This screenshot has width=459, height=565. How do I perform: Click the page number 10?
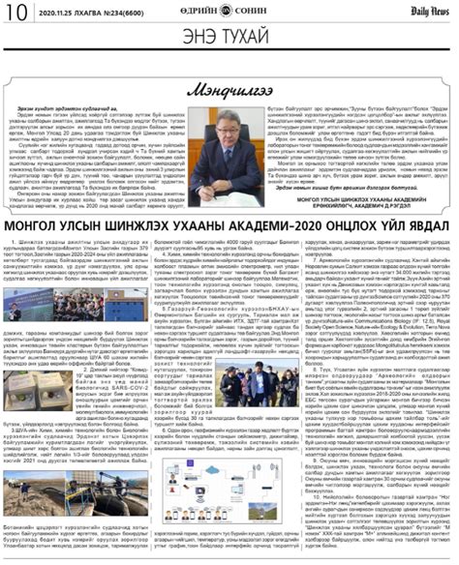[x=16, y=14]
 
